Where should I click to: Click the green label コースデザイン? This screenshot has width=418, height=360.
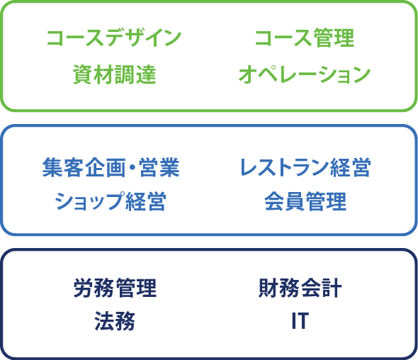114,38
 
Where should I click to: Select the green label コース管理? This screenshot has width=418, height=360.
305,38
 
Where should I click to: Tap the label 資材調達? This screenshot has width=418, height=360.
114,74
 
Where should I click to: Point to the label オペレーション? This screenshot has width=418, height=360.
305,74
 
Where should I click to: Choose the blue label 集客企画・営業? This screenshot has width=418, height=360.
111,167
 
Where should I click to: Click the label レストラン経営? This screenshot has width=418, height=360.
305,167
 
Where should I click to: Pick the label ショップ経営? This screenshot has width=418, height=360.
111,201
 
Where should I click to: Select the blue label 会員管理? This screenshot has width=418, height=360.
305,201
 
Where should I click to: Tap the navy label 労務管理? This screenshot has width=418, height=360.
115,288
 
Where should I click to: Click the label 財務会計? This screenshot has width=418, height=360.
300,288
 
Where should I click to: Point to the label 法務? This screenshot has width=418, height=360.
115,321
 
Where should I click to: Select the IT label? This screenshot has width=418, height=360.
300,321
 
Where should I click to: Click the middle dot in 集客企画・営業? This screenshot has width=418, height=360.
132,168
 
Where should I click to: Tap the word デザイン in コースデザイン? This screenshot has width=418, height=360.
145,38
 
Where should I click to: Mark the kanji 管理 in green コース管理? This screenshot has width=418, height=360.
334,38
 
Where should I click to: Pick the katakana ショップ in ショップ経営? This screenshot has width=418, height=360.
89,201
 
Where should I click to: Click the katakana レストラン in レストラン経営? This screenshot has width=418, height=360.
284,167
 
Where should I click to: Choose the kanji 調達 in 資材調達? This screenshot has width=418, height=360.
135,74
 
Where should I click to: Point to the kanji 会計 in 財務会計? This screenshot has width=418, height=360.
321,288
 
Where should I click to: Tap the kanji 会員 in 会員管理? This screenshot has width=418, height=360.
285,201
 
